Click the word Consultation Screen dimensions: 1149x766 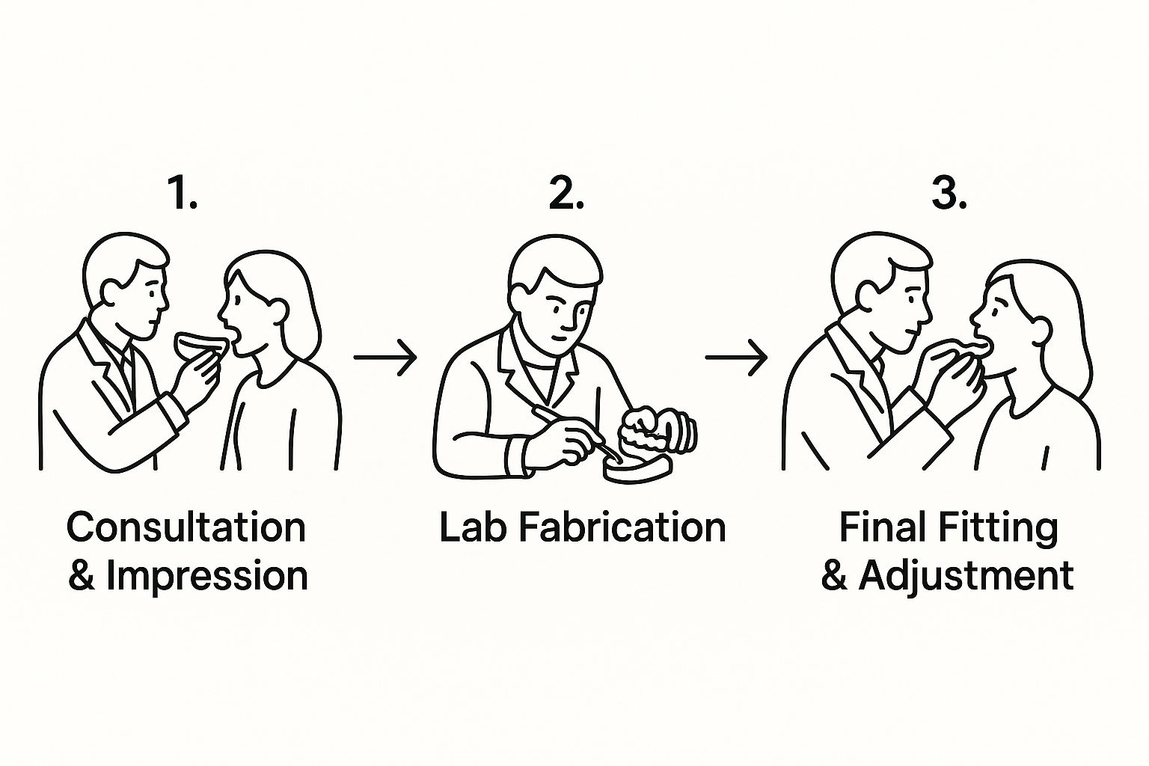(187, 527)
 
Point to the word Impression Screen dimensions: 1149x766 (207, 576)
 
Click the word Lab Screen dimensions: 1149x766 (473, 527)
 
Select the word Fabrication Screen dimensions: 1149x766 (622, 527)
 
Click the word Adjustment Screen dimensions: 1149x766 (966, 577)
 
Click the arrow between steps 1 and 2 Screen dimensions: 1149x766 (385, 358)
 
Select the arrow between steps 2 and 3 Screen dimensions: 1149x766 (737, 358)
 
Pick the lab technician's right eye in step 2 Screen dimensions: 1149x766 (555, 304)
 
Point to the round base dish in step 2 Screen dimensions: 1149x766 (637, 468)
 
